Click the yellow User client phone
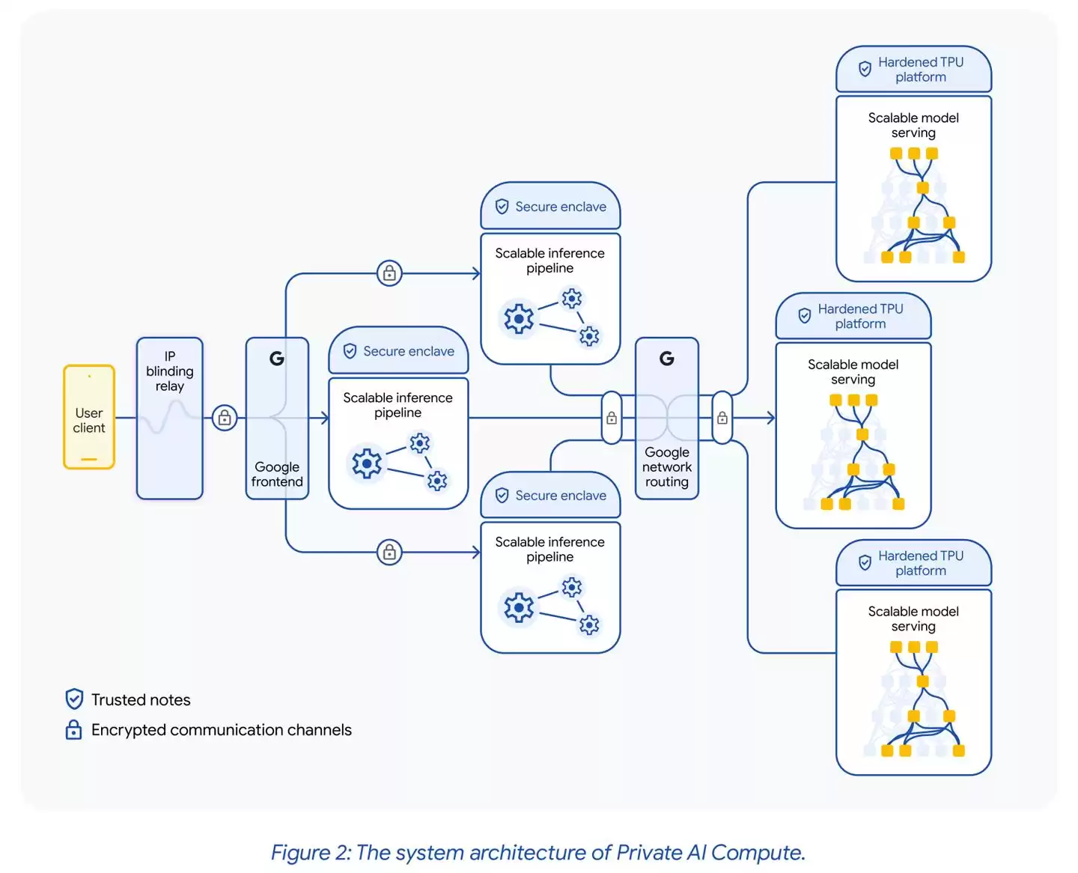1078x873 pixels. [89, 417]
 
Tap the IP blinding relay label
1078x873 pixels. [170, 371]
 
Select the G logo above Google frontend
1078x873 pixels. [277, 359]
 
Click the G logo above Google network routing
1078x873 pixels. [667, 359]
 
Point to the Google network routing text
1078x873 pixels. [667, 467]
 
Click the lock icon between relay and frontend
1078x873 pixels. [225, 418]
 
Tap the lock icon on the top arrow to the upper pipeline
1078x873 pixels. [389, 273]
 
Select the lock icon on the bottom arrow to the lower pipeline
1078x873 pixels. [389, 553]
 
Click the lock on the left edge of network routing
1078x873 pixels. [612, 418]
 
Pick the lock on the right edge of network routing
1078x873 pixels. [722, 418]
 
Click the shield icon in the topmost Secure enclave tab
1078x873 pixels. [502, 207]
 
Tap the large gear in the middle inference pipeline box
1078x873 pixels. [367, 464]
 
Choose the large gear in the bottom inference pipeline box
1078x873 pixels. [519, 607]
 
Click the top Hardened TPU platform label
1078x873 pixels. [921, 70]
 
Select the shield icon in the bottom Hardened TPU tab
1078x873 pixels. [865, 562]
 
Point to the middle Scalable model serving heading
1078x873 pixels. [853, 372]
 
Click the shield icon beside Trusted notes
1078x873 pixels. [74, 699]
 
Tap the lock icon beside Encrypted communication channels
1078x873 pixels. [74, 730]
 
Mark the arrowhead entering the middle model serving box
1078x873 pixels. [771, 418]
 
